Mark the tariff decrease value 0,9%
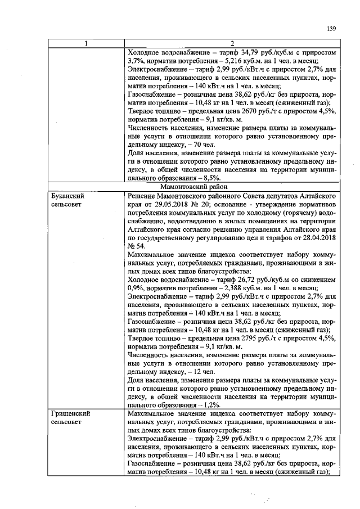[x=136, y=288]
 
